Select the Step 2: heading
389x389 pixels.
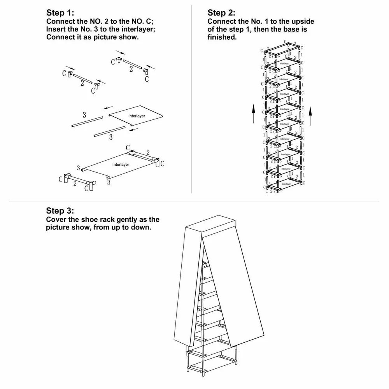[221, 13]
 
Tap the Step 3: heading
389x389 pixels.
[60, 211]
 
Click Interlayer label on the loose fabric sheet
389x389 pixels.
[137, 116]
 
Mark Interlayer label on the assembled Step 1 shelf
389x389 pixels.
[121, 165]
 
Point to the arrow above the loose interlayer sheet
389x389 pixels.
[108, 107]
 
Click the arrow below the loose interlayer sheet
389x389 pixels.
[133, 129]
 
